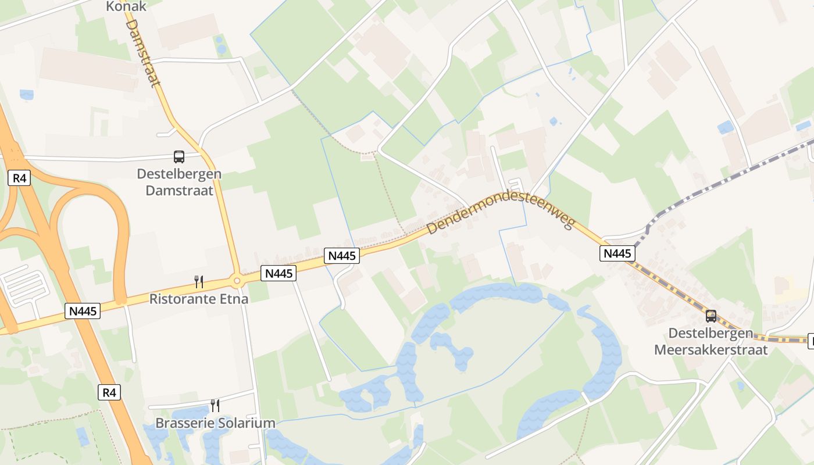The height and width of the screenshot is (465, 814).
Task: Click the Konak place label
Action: tap(126, 6)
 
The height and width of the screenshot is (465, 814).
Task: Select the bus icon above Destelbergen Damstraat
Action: tap(179, 157)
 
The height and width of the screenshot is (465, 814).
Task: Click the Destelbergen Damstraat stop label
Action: tap(179, 182)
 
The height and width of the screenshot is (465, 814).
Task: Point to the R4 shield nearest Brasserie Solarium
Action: tap(109, 393)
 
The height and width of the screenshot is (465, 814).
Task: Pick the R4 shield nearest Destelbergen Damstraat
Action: tap(20, 178)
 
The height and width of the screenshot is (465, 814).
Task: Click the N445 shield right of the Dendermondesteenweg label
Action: tap(617, 253)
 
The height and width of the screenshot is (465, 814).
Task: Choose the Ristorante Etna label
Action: tap(199, 299)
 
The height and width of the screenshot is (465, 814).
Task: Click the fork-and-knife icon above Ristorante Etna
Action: tap(199, 282)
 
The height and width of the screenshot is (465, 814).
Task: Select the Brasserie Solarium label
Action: tap(215, 423)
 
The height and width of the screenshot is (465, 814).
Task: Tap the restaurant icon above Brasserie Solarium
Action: tap(215, 405)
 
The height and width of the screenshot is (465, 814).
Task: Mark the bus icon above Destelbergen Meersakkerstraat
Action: tap(711, 316)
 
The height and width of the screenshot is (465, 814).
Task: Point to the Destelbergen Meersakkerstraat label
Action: tap(711, 342)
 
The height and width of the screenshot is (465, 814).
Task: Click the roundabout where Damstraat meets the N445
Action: tap(237, 281)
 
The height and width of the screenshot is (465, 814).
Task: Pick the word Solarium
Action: tap(247, 423)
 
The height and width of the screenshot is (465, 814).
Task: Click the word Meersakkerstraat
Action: tap(711, 350)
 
